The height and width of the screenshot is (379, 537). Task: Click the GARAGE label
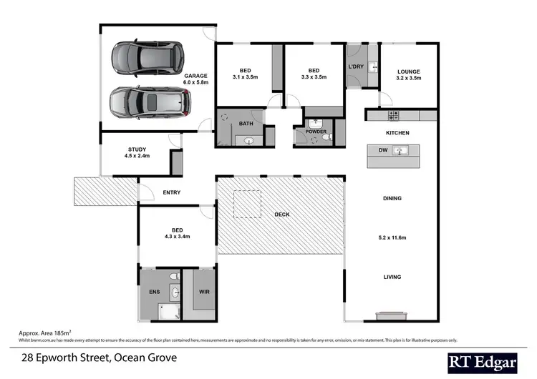pyautogui.click(x=195, y=76)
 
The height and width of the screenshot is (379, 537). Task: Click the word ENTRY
pyautogui.click(x=171, y=192)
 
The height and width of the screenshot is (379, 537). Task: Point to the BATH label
pyautogui.click(x=246, y=124)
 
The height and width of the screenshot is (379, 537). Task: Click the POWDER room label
pyautogui.click(x=316, y=132)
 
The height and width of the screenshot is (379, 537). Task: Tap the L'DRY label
pyautogui.click(x=356, y=67)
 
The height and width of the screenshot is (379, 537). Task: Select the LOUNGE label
pyautogui.click(x=408, y=72)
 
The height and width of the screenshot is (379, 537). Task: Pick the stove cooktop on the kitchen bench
pyautogui.click(x=392, y=115)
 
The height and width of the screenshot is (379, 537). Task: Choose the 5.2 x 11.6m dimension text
pyautogui.click(x=392, y=237)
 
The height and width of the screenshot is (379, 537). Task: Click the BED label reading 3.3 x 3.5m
pyautogui.click(x=314, y=72)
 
